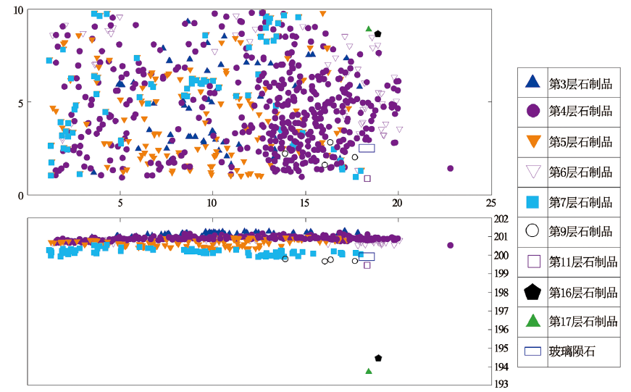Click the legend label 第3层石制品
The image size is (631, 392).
click(580, 83)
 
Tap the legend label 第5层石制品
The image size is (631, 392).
click(580, 142)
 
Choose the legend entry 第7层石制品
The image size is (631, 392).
click(580, 201)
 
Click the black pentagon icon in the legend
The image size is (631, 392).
click(532, 292)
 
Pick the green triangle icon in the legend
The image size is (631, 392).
click(532, 321)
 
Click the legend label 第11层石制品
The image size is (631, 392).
click(583, 262)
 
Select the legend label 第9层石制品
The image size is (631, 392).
click(580, 232)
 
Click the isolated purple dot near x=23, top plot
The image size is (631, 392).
click(451, 168)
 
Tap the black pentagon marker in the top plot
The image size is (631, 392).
click(377, 34)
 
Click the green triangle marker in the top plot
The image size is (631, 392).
click(369, 29)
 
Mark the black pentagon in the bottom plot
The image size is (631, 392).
click(378, 358)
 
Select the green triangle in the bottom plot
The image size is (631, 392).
click(369, 371)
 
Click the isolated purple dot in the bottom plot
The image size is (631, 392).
click(450, 245)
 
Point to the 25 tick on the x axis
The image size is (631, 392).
click(490, 203)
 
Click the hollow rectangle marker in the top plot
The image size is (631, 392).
click(367, 148)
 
